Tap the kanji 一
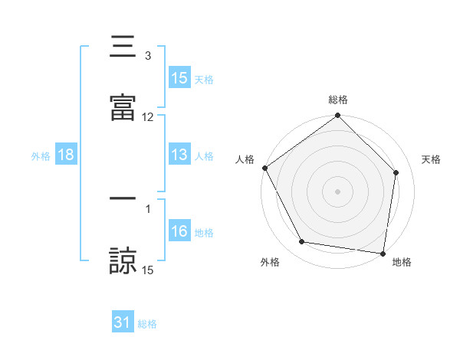(123, 198)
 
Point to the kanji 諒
(123, 259)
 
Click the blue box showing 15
(179, 78)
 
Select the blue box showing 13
(179, 155)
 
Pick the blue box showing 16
(179, 231)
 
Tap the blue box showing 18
(66, 155)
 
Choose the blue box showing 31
(123, 322)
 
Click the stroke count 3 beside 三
(148, 55)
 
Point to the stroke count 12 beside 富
(148, 116)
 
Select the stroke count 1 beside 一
(148, 208)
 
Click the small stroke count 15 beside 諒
(148, 270)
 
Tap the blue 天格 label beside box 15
(203, 80)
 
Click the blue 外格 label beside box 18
(41, 156)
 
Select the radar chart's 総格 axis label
(338, 100)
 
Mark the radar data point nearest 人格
(265, 168)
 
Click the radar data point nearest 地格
(383, 253)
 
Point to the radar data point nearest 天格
(396, 172)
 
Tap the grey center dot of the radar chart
(338, 191)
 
